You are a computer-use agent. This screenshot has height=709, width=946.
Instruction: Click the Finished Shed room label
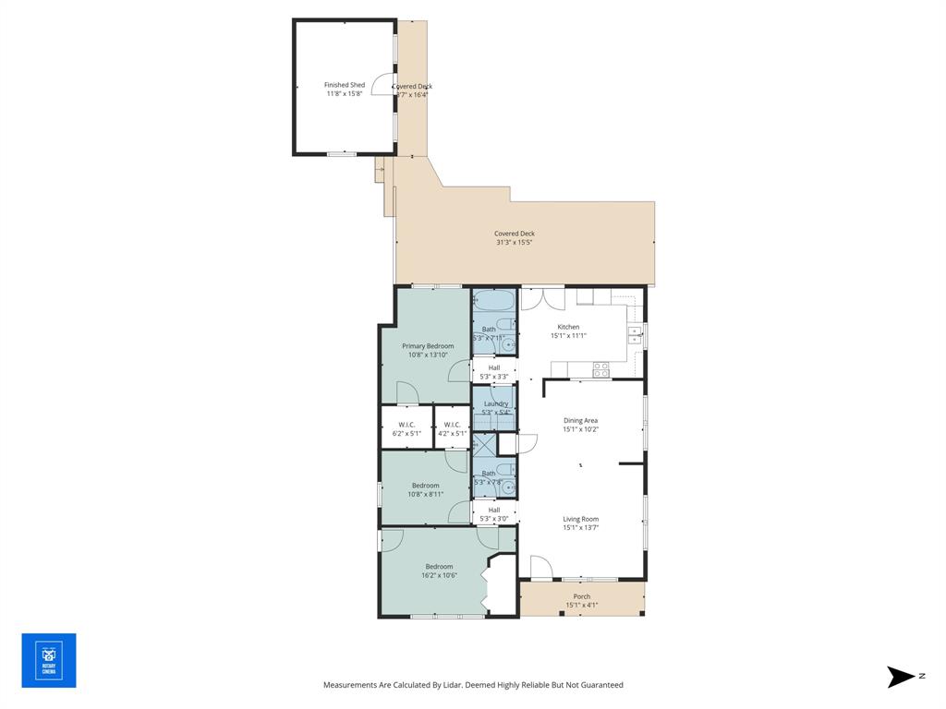pos(344,85)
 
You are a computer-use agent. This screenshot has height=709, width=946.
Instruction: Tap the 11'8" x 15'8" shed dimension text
pos(344,94)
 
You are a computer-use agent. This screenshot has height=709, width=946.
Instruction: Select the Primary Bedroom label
pos(427,346)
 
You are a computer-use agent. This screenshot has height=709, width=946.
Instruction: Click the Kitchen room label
pos(568,327)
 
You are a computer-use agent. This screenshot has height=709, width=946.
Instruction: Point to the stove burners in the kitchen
pos(600,369)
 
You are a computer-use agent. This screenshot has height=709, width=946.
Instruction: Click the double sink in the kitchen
pos(636,335)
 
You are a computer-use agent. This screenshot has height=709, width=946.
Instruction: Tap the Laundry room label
pos(495,403)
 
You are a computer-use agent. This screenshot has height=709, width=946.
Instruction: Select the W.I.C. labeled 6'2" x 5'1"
pos(406,428)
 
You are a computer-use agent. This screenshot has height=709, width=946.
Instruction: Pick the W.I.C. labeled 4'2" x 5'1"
pos(452,428)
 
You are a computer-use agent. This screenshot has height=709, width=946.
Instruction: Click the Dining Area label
pos(580,421)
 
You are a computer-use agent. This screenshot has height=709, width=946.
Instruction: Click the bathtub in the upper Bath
pos(494,301)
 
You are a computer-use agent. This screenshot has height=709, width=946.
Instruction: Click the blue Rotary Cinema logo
pos(49,660)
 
